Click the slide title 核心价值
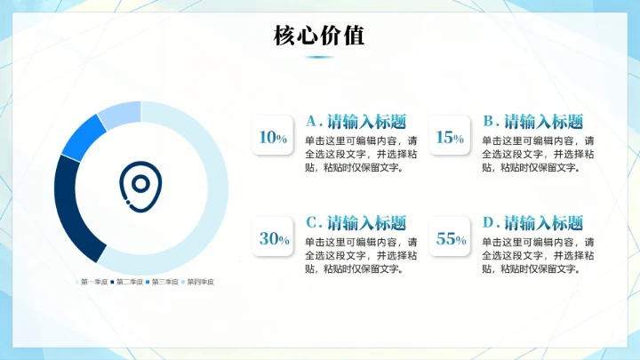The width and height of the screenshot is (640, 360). pos(319,36)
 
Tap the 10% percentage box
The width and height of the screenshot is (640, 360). pos(273,137)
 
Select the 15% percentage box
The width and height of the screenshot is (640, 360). pos(450,137)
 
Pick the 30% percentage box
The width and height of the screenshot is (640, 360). pos(273,238)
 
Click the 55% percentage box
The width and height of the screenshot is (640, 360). pos(450,238)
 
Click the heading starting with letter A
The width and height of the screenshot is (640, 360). pos(356,121)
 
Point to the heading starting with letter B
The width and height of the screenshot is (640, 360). pos(533,121)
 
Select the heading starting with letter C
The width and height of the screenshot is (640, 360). pos(356,222)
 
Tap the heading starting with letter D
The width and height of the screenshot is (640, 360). pos(533,222)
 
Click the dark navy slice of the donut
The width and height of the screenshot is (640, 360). pos(71,209)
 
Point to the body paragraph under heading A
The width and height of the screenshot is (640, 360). pos(360,153)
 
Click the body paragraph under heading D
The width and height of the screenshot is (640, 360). pos(538,254)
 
